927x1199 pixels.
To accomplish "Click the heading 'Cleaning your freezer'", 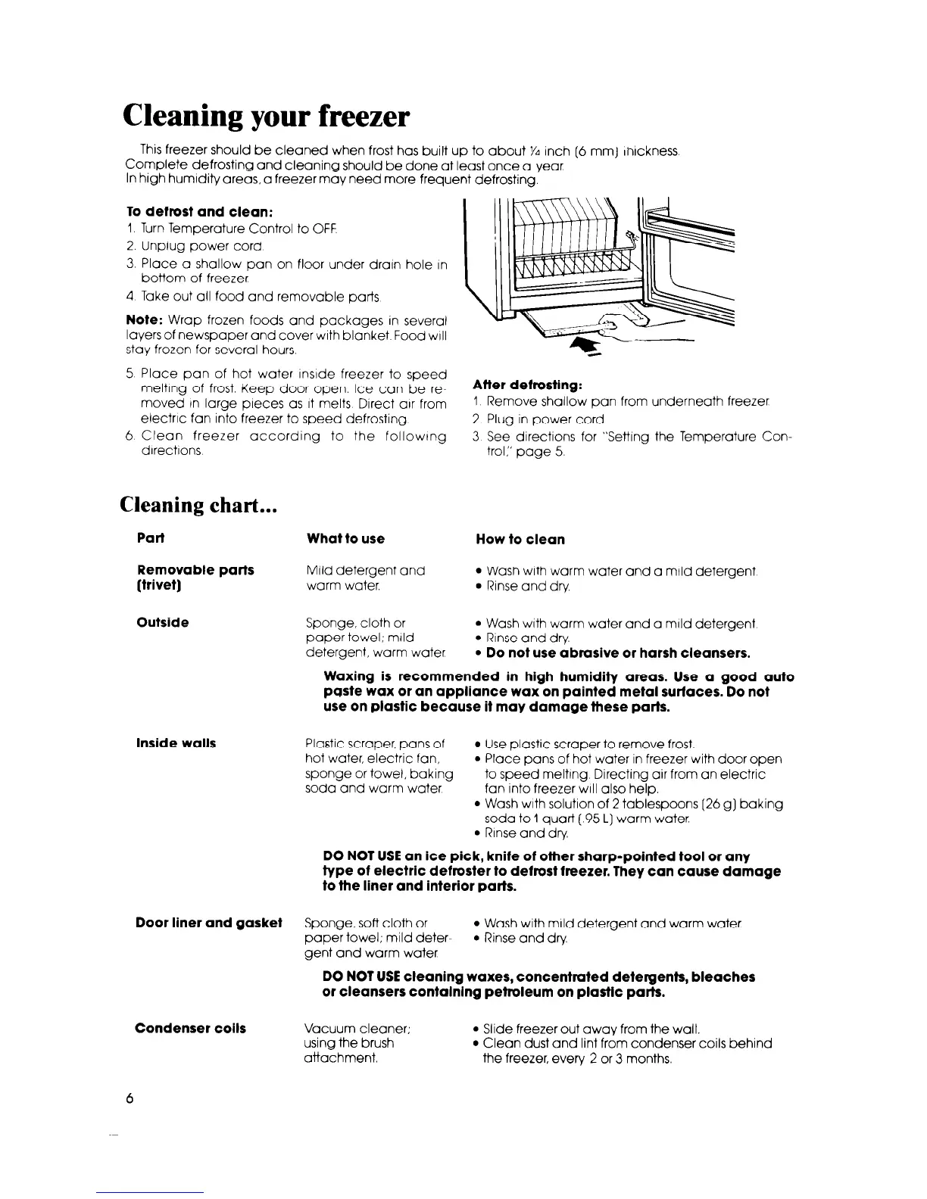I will [x=266, y=117].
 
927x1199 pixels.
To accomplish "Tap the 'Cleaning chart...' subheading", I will [x=201, y=505].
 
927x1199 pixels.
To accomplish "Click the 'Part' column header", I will [x=151, y=538].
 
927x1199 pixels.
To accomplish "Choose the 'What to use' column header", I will [x=345, y=539].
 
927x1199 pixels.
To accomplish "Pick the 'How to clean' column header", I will [x=520, y=539].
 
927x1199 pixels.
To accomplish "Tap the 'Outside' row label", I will [x=163, y=623].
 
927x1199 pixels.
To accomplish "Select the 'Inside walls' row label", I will [x=176, y=743].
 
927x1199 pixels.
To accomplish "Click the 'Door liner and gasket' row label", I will [x=208, y=922].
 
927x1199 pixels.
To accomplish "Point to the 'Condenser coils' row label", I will [x=190, y=1028].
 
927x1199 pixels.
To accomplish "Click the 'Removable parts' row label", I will [x=195, y=569].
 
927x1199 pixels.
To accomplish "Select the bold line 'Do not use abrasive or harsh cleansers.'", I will [x=612, y=652].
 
